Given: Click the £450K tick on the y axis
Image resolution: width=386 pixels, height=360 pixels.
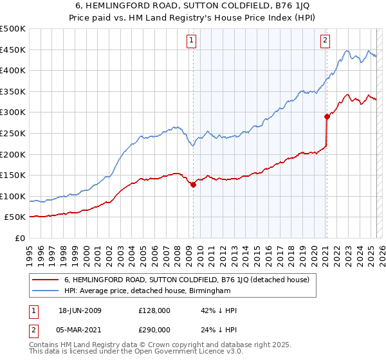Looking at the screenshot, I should tap(13, 50).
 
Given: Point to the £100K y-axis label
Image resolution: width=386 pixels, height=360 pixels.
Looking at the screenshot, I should tap(13, 196).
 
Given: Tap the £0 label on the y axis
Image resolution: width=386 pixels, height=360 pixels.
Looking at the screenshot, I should tap(19, 238).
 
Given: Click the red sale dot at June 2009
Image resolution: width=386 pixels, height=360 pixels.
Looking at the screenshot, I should tap(193, 184).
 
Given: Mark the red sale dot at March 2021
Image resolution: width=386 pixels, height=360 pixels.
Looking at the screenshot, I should tap(326, 116).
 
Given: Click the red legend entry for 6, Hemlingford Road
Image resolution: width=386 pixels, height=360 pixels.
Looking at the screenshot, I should tap(187, 280).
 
